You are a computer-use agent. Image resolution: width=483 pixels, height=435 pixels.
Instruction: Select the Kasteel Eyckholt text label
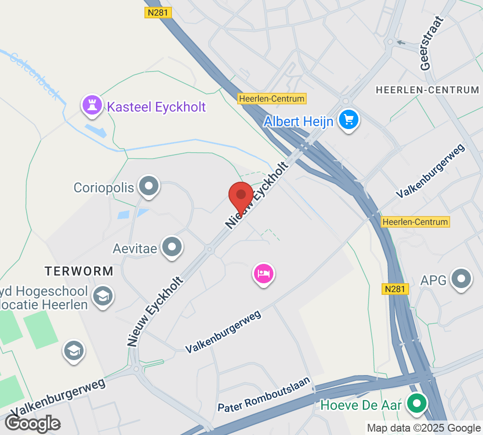156,107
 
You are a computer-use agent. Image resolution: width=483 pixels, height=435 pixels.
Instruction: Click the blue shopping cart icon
349,119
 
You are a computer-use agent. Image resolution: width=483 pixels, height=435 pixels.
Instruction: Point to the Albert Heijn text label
298,121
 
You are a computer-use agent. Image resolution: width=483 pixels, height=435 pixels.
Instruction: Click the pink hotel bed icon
263,274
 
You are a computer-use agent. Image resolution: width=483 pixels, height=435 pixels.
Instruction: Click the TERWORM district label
79,271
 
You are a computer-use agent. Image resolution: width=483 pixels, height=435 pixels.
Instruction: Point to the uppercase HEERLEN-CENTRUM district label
427,90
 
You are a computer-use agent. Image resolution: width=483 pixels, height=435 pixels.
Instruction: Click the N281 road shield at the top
158,13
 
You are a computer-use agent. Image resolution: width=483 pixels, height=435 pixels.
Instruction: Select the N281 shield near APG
397,289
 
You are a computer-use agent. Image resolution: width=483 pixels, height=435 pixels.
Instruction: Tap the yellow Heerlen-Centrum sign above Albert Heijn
272,99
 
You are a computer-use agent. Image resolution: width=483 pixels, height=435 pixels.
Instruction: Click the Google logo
33,423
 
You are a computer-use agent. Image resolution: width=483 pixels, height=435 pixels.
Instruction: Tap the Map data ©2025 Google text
424,428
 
